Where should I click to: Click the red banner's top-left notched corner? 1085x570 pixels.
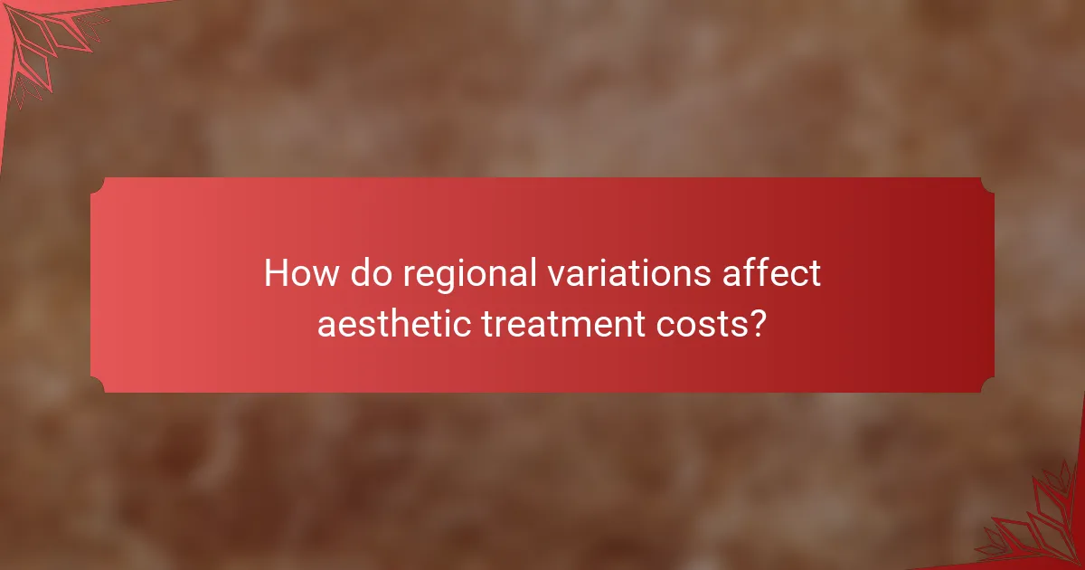pyautogui.click(x=98, y=184)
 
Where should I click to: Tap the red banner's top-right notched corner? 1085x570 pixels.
pyautogui.click(x=987, y=184)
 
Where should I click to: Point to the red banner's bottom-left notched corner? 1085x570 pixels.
pyautogui.click(x=98, y=385)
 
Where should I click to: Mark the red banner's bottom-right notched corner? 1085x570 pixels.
pyautogui.click(x=987, y=385)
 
